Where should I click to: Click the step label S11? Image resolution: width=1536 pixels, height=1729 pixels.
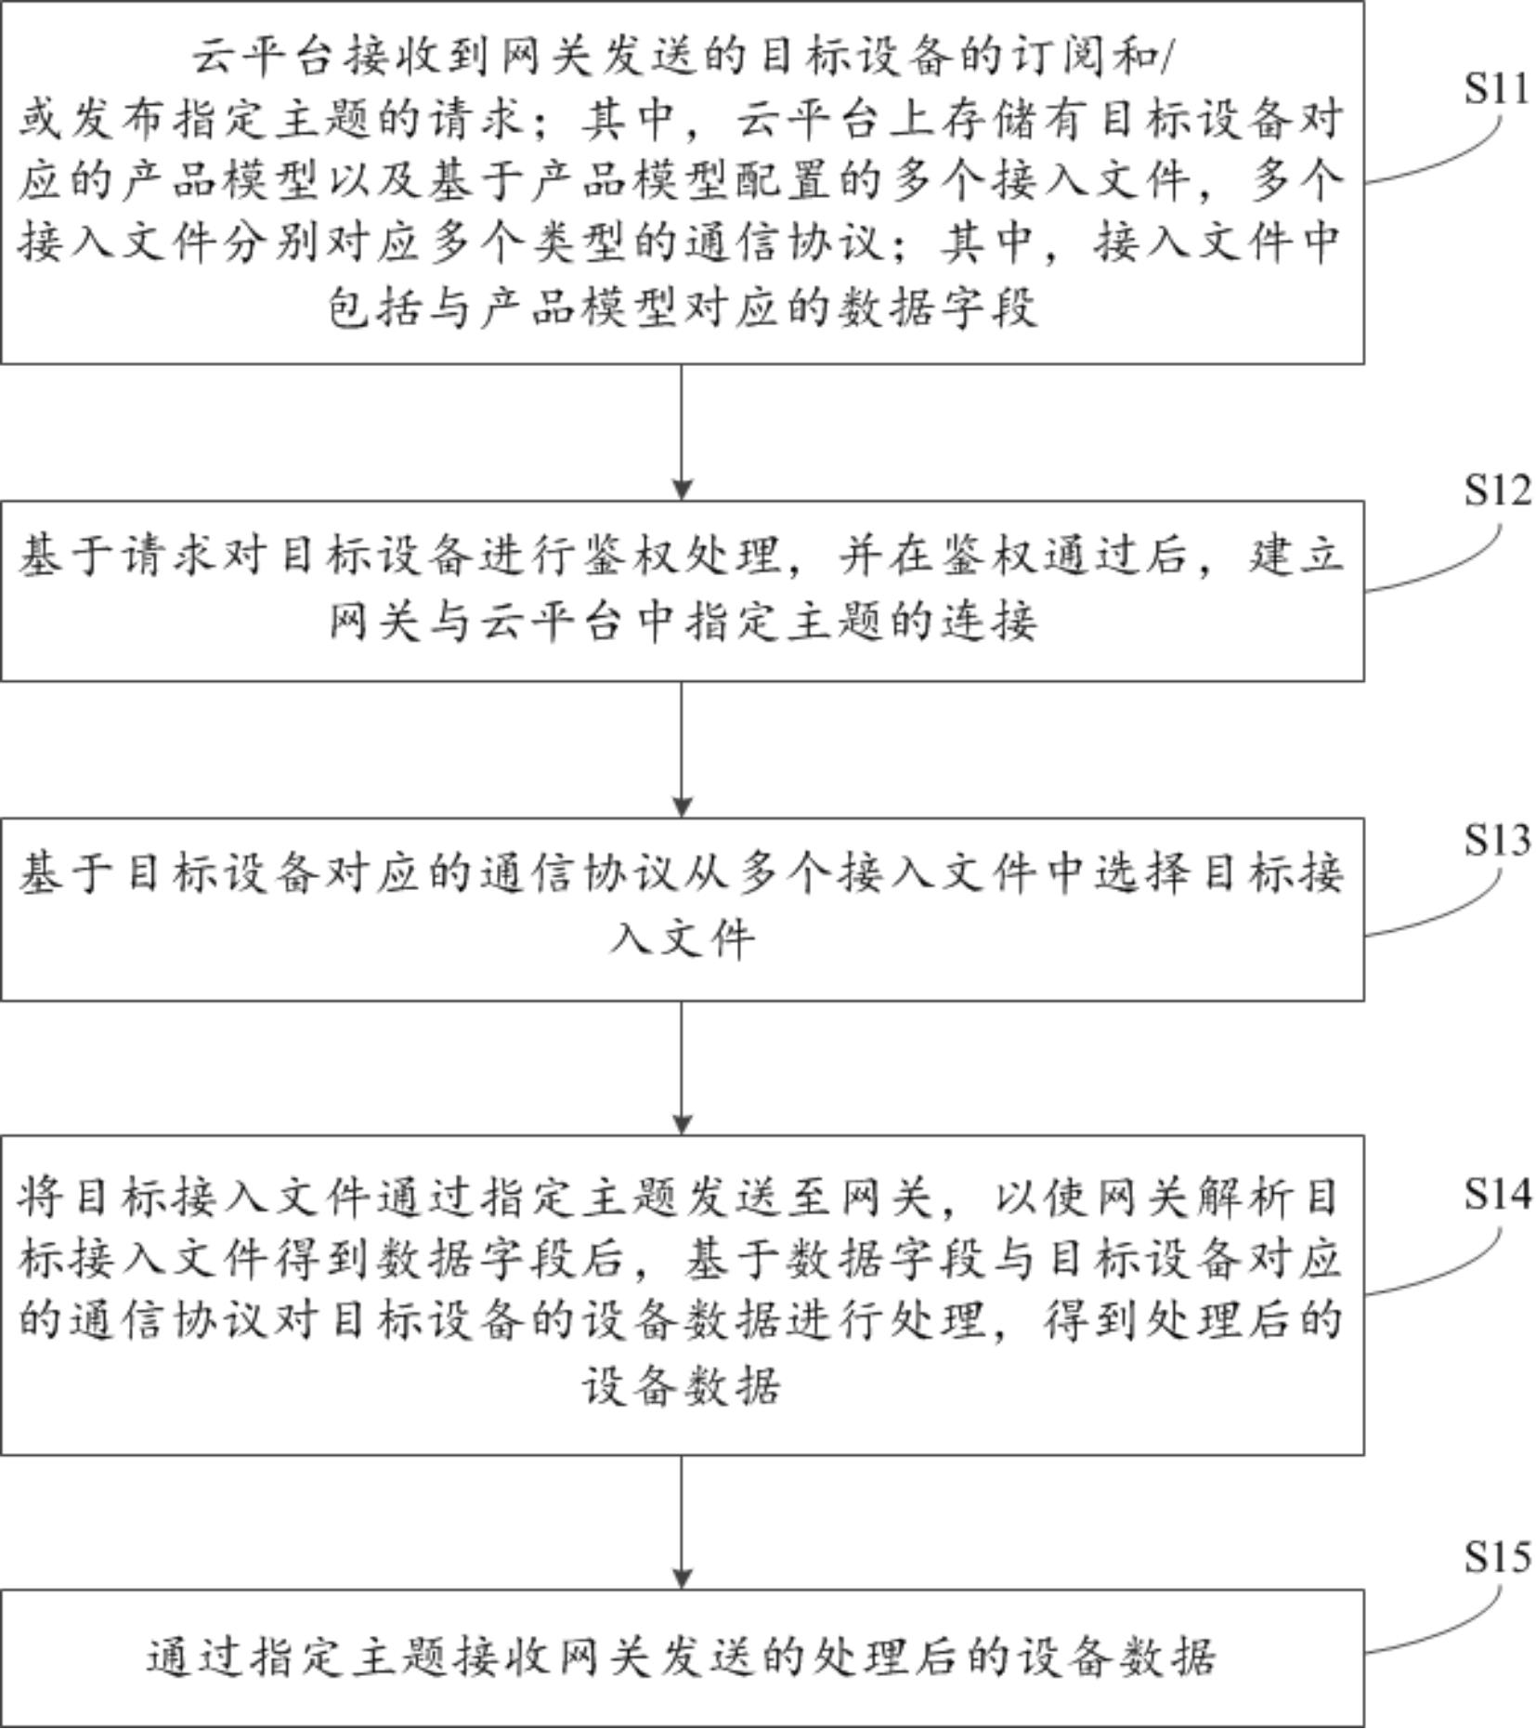(1496, 88)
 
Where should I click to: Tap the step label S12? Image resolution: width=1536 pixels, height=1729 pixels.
(1496, 491)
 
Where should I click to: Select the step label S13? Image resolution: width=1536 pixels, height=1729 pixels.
(1496, 840)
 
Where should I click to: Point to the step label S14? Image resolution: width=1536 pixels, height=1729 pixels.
(1496, 1194)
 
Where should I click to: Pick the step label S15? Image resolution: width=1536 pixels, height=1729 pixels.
(1496, 1557)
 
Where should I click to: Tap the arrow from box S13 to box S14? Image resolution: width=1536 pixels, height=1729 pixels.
(682, 1068)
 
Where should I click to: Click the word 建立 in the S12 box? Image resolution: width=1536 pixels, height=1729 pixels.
(1295, 557)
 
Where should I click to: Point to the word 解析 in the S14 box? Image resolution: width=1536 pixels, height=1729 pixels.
(1244, 1197)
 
